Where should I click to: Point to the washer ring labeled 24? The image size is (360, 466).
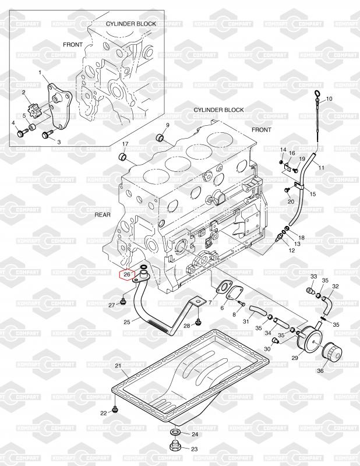pyautogui.click(x=175, y=434)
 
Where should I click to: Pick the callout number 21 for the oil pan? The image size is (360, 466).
pyautogui.click(x=118, y=366)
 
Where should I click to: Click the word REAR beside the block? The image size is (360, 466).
pyautogui.click(x=103, y=214)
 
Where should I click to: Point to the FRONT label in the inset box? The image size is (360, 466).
pyautogui.click(x=73, y=44)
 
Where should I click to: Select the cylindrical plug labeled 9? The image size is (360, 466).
pyautogui.click(x=159, y=139)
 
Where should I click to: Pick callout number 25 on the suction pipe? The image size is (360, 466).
pyautogui.click(x=127, y=322)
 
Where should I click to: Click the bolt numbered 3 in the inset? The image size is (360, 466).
pyautogui.click(x=46, y=136)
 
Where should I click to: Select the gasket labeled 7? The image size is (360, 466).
pyautogui.click(x=223, y=287)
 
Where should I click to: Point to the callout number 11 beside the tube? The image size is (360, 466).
pyautogui.click(x=321, y=168)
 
